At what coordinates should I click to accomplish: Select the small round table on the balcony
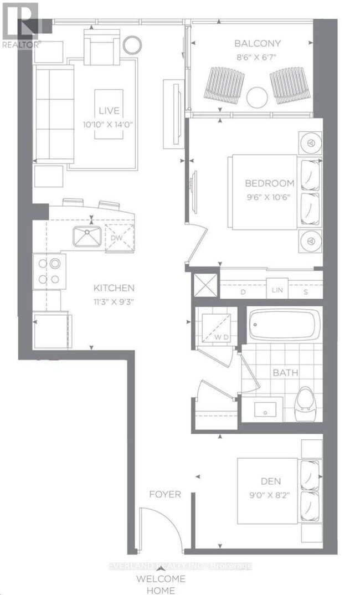pyautogui.click(x=258, y=98)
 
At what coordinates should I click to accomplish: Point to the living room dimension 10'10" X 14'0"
pyautogui.click(x=109, y=125)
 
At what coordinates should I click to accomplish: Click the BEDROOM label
pyautogui.click(x=270, y=184)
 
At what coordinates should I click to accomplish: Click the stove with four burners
pyautogui.click(x=49, y=271)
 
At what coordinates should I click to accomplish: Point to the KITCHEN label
pyautogui.click(x=114, y=288)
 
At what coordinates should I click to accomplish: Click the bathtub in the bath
pyautogui.click(x=284, y=324)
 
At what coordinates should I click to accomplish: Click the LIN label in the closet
pyautogui.click(x=276, y=291)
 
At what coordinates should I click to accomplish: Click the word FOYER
pyautogui.click(x=164, y=494)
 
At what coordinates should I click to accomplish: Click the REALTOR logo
pyautogui.click(x=21, y=25)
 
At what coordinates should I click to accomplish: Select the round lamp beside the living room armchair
pyautogui.click(x=132, y=44)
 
